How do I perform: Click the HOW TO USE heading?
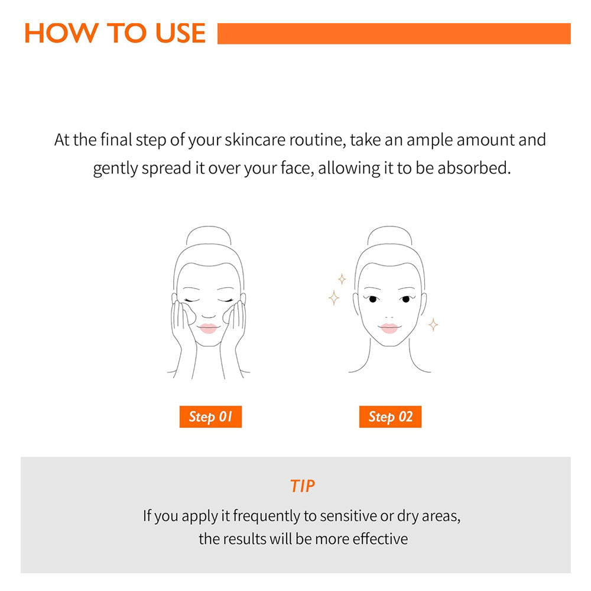(x=115, y=33)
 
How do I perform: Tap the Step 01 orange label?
(x=210, y=417)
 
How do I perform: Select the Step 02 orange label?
(x=390, y=417)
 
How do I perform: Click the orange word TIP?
(x=302, y=486)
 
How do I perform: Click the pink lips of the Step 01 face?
(x=208, y=328)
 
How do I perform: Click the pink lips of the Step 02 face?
(x=389, y=328)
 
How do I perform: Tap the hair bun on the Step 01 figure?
(x=209, y=236)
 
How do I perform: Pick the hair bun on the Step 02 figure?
(x=389, y=236)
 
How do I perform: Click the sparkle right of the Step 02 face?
(x=433, y=324)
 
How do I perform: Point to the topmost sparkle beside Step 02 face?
(x=342, y=280)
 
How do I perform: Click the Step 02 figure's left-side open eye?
(x=372, y=299)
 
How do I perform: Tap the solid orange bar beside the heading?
(x=394, y=34)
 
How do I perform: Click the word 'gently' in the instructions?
(x=115, y=168)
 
